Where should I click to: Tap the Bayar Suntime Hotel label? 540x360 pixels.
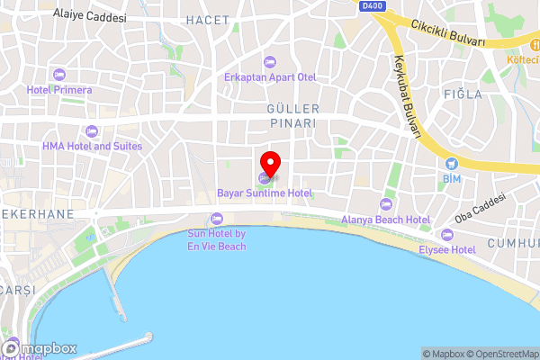point(265,193)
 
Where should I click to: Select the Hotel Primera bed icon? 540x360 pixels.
point(60,74)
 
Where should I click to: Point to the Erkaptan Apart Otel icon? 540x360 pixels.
point(269,61)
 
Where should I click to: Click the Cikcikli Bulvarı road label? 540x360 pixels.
point(448,34)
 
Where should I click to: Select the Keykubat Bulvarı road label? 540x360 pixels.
point(406,98)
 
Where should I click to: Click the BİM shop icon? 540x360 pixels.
point(452,164)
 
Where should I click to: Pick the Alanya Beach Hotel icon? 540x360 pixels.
point(386,203)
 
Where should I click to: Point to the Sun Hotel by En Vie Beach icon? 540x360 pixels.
point(216,219)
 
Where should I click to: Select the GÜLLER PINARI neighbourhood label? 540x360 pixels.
point(292,114)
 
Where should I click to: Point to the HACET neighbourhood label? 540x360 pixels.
point(207,19)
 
